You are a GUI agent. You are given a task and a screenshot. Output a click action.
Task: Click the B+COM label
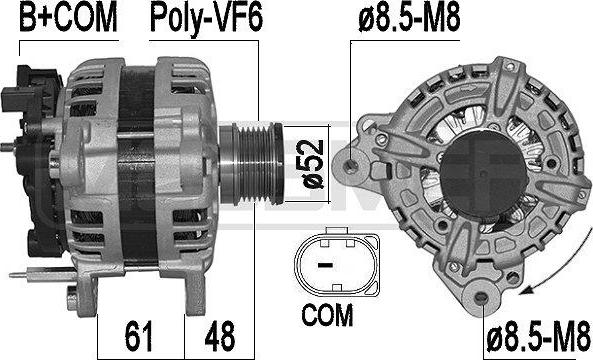(x=68, y=18)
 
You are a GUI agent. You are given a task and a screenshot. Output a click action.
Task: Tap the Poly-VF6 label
(x=206, y=20)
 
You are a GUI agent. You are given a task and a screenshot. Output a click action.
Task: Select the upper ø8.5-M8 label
(x=410, y=18)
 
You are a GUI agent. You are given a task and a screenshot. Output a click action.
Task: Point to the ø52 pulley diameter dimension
(x=314, y=164)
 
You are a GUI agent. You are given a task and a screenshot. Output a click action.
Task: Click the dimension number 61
(x=138, y=336)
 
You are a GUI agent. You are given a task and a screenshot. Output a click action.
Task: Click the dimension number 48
(x=220, y=336)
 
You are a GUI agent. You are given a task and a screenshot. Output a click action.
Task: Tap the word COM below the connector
(x=328, y=315)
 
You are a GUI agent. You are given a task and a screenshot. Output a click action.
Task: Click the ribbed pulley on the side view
(x=252, y=163)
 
